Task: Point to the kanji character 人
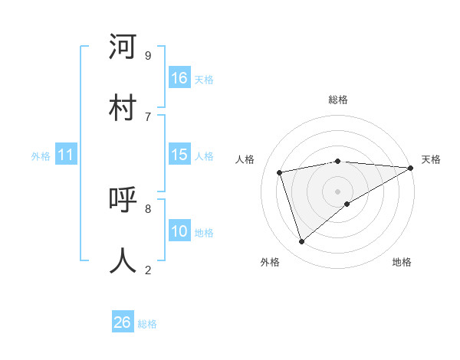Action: (x=123, y=260)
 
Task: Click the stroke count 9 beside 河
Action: (x=148, y=55)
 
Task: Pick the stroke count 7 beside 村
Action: (x=148, y=116)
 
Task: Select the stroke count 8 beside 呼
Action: (x=148, y=208)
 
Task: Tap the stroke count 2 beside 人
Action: (x=148, y=270)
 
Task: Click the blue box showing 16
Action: (x=179, y=78)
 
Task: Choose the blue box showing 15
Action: (x=179, y=155)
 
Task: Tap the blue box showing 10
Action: (x=179, y=231)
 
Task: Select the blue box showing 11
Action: (x=66, y=155)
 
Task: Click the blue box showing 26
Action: (x=123, y=322)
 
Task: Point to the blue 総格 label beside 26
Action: (x=147, y=324)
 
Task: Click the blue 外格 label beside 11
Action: (x=41, y=156)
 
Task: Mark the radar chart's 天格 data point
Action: (x=410, y=168)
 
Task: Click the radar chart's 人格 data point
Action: (x=280, y=172)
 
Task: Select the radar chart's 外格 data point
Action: (x=302, y=241)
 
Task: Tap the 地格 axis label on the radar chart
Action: (x=402, y=262)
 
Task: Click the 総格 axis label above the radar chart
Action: (x=338, y=100)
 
